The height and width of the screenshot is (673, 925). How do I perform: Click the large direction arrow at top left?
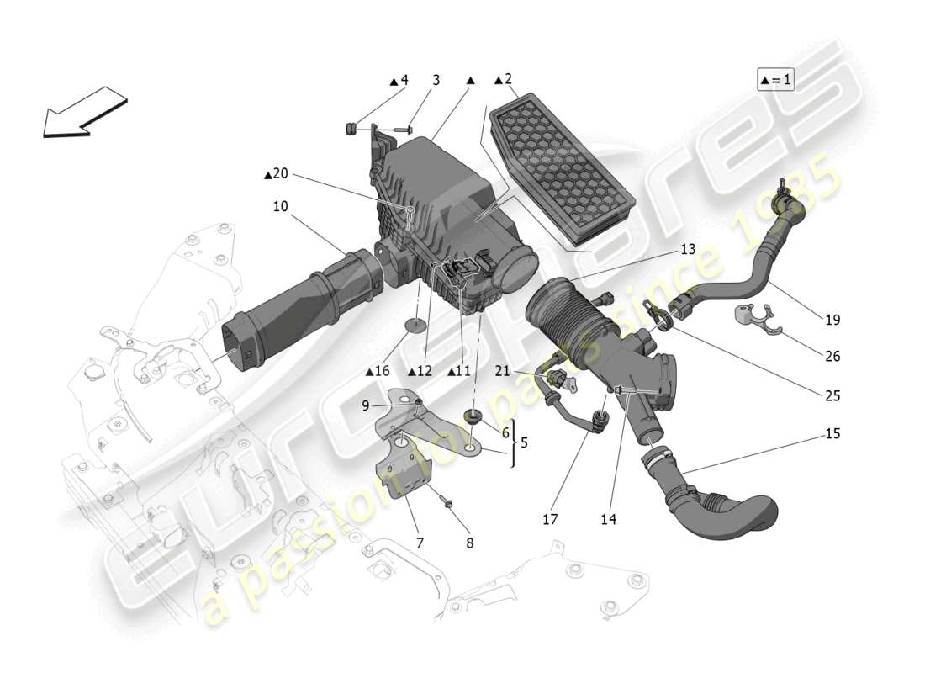84,111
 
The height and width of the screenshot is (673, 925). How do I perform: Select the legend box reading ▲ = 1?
775,80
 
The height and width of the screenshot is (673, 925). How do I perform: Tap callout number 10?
280,205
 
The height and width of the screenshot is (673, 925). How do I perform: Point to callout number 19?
832,320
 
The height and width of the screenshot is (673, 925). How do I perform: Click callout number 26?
832,356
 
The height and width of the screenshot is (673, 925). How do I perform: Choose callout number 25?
832,395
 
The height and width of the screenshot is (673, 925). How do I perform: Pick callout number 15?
832,434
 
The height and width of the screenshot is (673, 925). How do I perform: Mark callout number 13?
688,249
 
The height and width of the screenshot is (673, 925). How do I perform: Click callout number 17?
550,520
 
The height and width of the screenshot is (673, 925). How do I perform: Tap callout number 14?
608,520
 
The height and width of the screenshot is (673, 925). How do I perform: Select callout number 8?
469,543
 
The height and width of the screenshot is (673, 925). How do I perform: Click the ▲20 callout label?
276,174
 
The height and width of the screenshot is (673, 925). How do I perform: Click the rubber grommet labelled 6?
473,416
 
